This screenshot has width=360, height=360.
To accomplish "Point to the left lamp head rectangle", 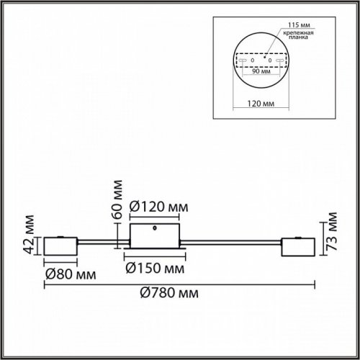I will click(59, 247).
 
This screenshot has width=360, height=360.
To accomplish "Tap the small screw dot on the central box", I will click(156, 230).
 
